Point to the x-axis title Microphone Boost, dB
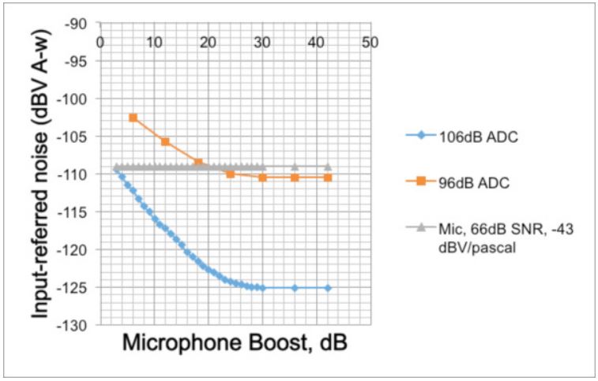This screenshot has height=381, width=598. tap(235, 343)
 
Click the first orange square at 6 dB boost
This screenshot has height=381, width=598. tap(133, 118)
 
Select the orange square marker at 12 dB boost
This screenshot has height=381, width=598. tap(165, 141)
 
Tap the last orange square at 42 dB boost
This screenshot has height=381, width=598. tap(327, 177)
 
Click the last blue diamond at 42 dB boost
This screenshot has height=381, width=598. tap(327, 288)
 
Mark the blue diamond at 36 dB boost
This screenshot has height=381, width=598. tap(295, 288)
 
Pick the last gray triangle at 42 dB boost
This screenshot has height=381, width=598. tap(327, 166)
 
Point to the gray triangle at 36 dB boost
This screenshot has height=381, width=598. tap(295, 166)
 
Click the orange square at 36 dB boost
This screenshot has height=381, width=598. tap(295, 177)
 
